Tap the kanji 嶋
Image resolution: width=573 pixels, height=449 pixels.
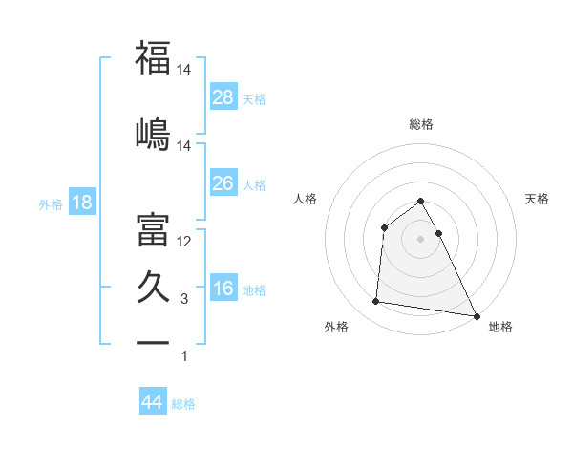(x=154, y=131)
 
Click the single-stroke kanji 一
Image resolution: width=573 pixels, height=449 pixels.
(x=154, y=341)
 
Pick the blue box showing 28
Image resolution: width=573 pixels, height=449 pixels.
(x=223, y=96)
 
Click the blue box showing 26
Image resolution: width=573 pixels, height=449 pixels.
(x=223, y=182)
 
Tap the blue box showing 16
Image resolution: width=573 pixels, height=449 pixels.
(x=223, y=289)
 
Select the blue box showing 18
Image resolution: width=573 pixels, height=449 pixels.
(x=81, y=203)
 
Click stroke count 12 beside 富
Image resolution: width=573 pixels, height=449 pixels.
(x=184, y=242)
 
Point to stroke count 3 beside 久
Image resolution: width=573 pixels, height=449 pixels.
(x=184, y=299)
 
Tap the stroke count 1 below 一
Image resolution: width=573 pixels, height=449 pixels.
(x=184, y=356)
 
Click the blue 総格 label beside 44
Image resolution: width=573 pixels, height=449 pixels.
(x=183, y=404)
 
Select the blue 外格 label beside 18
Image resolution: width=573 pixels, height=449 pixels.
(x=50, y=203)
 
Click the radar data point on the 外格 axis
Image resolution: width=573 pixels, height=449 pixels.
(x=376, y=302)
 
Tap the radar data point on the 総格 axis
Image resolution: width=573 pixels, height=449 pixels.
(x=420, y=202)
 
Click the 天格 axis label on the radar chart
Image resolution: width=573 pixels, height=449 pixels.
(x=537, y=199)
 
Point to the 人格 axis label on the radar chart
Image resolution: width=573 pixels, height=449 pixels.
(x=306, y=199)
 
